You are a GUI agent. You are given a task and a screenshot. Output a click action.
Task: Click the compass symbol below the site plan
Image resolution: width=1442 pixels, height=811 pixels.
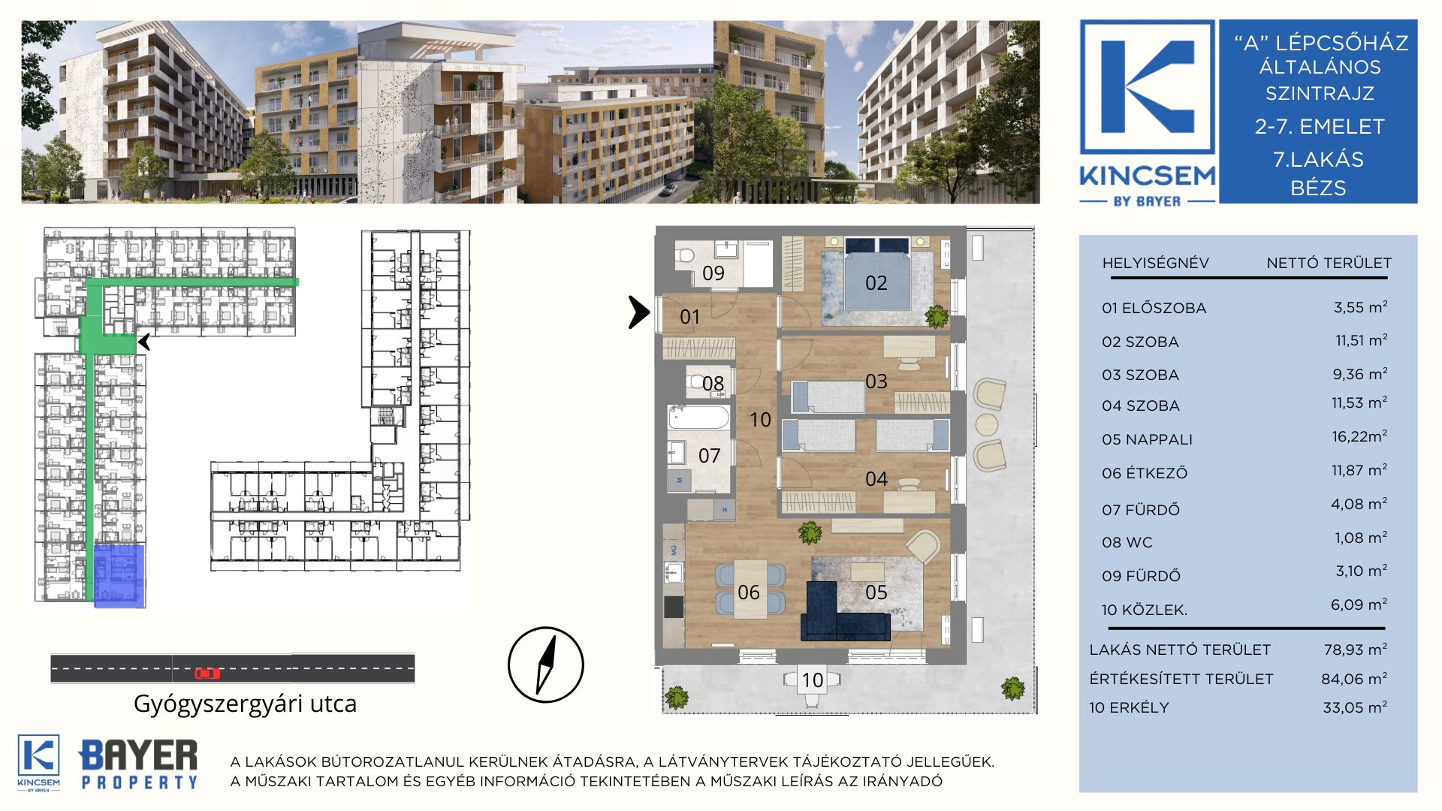coord(546,665)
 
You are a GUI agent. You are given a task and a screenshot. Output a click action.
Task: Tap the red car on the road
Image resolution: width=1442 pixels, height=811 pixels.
coord(207,674)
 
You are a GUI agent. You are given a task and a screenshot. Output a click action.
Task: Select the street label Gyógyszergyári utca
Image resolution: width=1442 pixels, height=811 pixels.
coord(245,704)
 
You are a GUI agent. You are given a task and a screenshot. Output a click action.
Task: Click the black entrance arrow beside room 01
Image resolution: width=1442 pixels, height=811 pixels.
coord(639,312)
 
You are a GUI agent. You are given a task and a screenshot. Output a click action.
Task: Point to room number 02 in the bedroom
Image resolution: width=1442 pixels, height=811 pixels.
coord(876,283)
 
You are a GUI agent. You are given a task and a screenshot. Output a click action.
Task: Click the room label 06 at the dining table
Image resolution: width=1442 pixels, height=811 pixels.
coord(748,592)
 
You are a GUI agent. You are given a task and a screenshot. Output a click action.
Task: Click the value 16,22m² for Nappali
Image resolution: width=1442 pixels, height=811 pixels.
coord(1359,436)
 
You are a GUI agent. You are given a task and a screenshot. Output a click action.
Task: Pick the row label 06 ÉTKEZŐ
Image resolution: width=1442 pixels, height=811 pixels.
coord(1145,473)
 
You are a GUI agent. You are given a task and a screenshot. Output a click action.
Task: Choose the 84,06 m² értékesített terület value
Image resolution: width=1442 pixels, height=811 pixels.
coord(1354,679)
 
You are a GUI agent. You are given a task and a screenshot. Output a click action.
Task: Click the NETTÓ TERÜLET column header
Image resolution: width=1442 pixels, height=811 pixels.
coord(1329,264)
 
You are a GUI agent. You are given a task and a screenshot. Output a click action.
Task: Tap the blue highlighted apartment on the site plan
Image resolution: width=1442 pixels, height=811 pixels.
coord(119,575)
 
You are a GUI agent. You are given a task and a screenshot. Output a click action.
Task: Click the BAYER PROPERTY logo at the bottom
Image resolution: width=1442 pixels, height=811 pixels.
coord(138,764)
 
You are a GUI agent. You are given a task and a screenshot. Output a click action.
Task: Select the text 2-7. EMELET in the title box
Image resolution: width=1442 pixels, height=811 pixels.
coord(1320,126)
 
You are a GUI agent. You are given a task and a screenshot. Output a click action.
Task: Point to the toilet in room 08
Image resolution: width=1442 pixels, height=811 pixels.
coord(698,382)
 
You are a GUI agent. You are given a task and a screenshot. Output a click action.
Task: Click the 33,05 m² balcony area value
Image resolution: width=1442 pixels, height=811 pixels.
coord(1355,707)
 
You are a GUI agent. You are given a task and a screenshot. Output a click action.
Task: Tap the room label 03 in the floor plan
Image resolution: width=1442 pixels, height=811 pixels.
coord(876,381)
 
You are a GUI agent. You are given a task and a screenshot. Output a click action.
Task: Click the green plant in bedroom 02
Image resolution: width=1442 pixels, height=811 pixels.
coord(937,316)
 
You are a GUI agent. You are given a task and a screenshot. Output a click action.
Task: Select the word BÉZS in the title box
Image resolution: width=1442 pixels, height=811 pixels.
coord(1318,188)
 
